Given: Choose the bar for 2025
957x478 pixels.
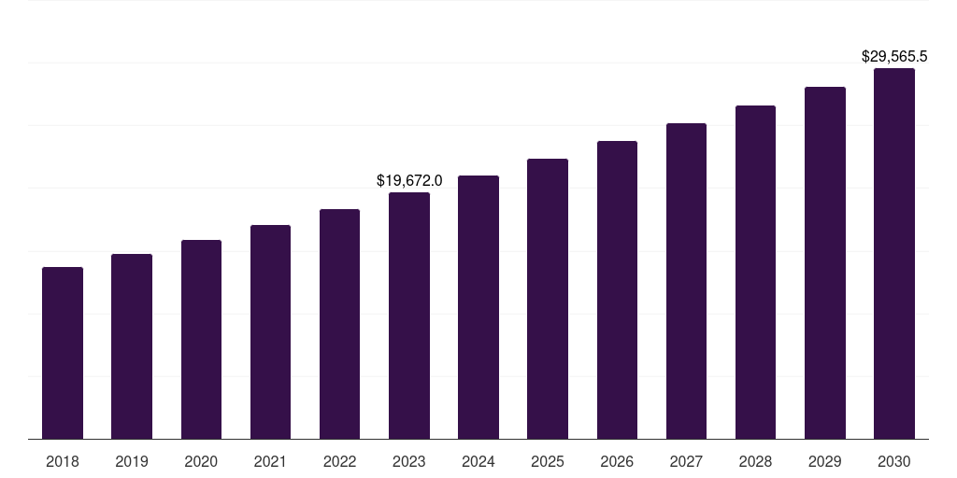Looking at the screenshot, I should [x=548, y=299].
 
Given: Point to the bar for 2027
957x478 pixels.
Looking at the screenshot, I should [x=686, y=281].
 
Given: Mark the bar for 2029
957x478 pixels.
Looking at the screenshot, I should [x=824, y=262].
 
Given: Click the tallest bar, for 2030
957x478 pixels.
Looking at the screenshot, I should [x=894, y=253].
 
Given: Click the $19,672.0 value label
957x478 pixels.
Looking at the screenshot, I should [x=409, y=180].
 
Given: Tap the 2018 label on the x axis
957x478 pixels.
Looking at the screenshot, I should [x=63, y=461].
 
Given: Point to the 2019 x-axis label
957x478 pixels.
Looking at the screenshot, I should [x=132, y=461].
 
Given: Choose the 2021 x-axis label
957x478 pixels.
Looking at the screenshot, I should [x=270, y=461].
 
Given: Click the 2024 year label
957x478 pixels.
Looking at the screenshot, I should [x=478, y=461].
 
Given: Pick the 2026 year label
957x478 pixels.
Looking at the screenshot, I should [x=617, y=461].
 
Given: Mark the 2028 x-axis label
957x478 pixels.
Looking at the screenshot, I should [x=755, y=461].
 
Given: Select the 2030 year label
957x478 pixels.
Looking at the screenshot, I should [x=894, y=461].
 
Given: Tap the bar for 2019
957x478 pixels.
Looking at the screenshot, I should [x=132, y=346].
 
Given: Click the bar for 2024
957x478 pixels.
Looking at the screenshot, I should [x=478, y=307].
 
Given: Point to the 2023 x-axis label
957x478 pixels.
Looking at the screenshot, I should [x=409, y=461].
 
